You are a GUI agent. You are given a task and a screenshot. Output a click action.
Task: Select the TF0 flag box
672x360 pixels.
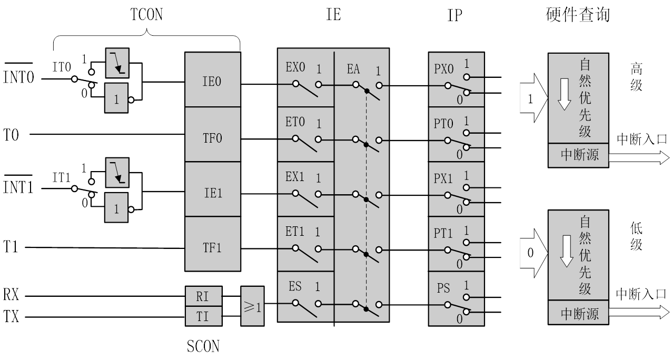(x=212, y=138)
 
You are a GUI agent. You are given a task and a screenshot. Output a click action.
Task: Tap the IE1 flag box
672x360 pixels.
(x=212, y=193)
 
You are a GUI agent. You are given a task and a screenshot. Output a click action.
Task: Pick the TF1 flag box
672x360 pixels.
(x=212, y=247)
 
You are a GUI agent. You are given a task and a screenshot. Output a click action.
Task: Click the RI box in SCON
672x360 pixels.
(x=203, y=296)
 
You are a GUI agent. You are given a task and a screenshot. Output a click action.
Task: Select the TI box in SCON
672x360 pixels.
(x=203, y=316)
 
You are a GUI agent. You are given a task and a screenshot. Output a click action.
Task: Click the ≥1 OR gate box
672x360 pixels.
(x=252, y=306)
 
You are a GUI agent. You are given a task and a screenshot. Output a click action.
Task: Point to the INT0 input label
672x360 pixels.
(x=18, y=78)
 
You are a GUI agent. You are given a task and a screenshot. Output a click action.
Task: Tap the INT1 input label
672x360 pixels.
(x=18, y=187)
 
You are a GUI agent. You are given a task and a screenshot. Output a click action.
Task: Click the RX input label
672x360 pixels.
(x=11, y=295)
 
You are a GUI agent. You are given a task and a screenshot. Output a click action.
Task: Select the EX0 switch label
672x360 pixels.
(x=295, y=68)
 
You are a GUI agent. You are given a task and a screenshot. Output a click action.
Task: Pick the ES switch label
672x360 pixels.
(x=295, y=287)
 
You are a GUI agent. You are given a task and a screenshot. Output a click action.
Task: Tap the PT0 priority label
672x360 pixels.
(x=443, y=123)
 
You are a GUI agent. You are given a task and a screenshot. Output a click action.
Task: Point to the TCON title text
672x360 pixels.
(x=146, y=15)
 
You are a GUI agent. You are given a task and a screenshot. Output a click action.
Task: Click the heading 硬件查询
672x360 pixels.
(x=578, y=15)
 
